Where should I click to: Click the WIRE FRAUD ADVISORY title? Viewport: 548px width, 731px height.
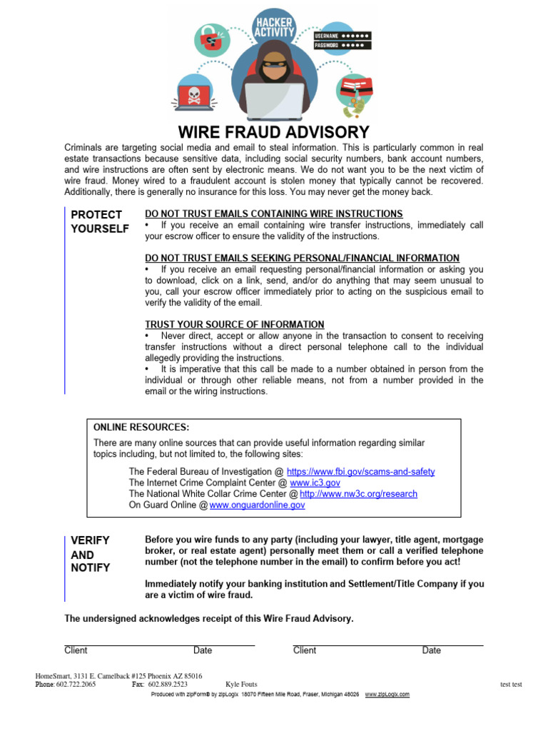pyautogui.click(x=274, y=132)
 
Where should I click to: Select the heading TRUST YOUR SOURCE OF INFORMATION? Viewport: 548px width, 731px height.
pyautogui.click(x=234, y=324)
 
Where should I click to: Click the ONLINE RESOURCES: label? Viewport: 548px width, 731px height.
pyautogui.click(x=141, y=427)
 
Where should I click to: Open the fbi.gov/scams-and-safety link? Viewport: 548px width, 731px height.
pyautogui.click(x=360, y=472)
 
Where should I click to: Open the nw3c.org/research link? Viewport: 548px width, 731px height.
pyautogui.click(x=358, y=493)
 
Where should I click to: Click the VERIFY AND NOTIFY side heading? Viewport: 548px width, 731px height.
pyautogui.click(x=91, y=554)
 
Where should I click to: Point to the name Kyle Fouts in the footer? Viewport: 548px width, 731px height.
pyautogui.click(x=241, y=685)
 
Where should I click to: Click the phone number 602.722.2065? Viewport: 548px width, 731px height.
pyautogui.click(x=76, y=685)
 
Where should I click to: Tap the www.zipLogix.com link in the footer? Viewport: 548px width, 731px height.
pyautogui.click(x=387, y=694)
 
